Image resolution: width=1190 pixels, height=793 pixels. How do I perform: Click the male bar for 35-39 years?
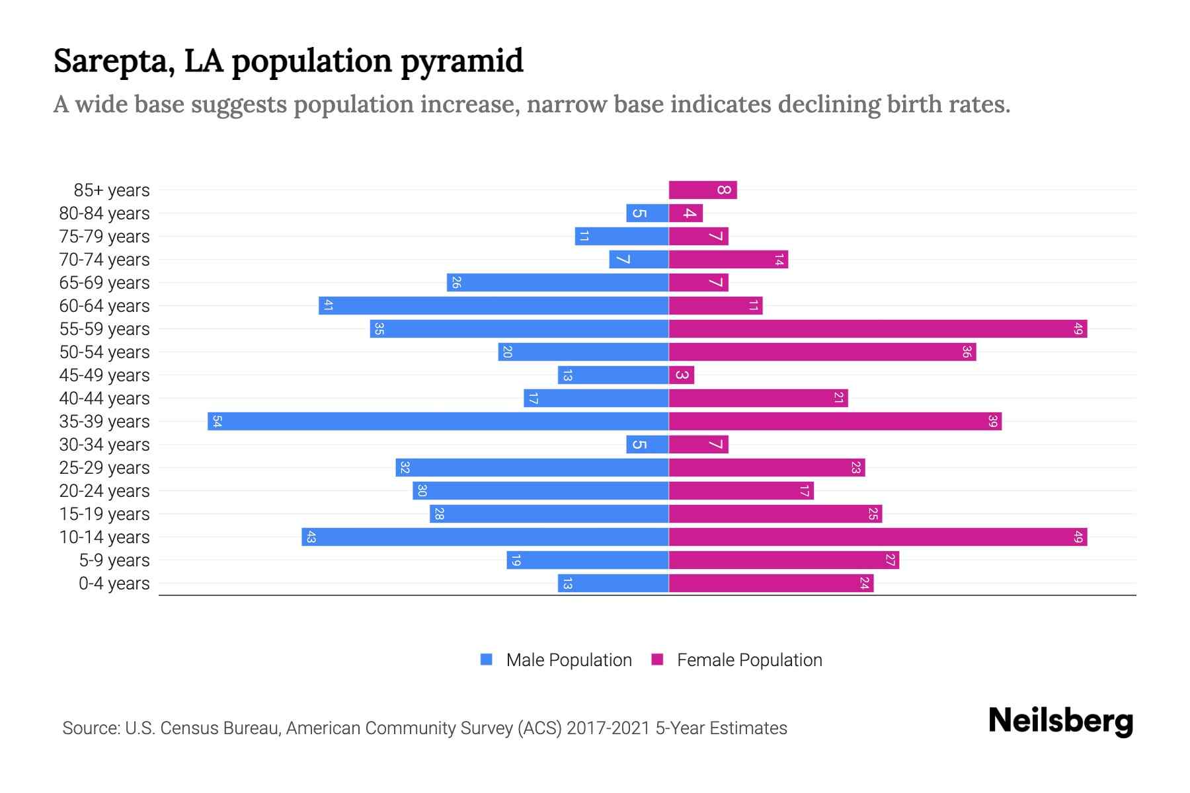438,422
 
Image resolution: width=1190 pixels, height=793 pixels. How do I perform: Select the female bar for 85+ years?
702,190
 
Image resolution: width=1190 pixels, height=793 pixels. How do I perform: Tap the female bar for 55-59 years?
877,329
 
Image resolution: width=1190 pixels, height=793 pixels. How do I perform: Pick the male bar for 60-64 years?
493,306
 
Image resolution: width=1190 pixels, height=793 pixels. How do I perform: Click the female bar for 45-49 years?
681,375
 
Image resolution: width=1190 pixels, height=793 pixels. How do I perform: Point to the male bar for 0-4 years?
613,584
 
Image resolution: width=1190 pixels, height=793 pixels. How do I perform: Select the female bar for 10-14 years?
877,537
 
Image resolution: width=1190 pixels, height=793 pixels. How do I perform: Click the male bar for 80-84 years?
647,213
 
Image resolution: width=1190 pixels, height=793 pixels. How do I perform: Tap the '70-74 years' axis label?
104,260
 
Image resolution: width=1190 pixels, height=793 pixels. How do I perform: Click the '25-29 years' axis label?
104,468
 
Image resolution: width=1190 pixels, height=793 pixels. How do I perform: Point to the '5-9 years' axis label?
114,560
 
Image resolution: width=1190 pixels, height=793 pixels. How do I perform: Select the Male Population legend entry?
556,660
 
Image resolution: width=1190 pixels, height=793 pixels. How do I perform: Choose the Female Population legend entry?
737,660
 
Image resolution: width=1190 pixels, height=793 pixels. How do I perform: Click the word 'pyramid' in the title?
461,61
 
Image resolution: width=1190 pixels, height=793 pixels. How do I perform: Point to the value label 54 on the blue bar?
217,422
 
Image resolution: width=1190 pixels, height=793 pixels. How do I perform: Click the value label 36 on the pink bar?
966,352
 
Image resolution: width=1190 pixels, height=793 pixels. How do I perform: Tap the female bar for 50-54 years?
822,352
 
